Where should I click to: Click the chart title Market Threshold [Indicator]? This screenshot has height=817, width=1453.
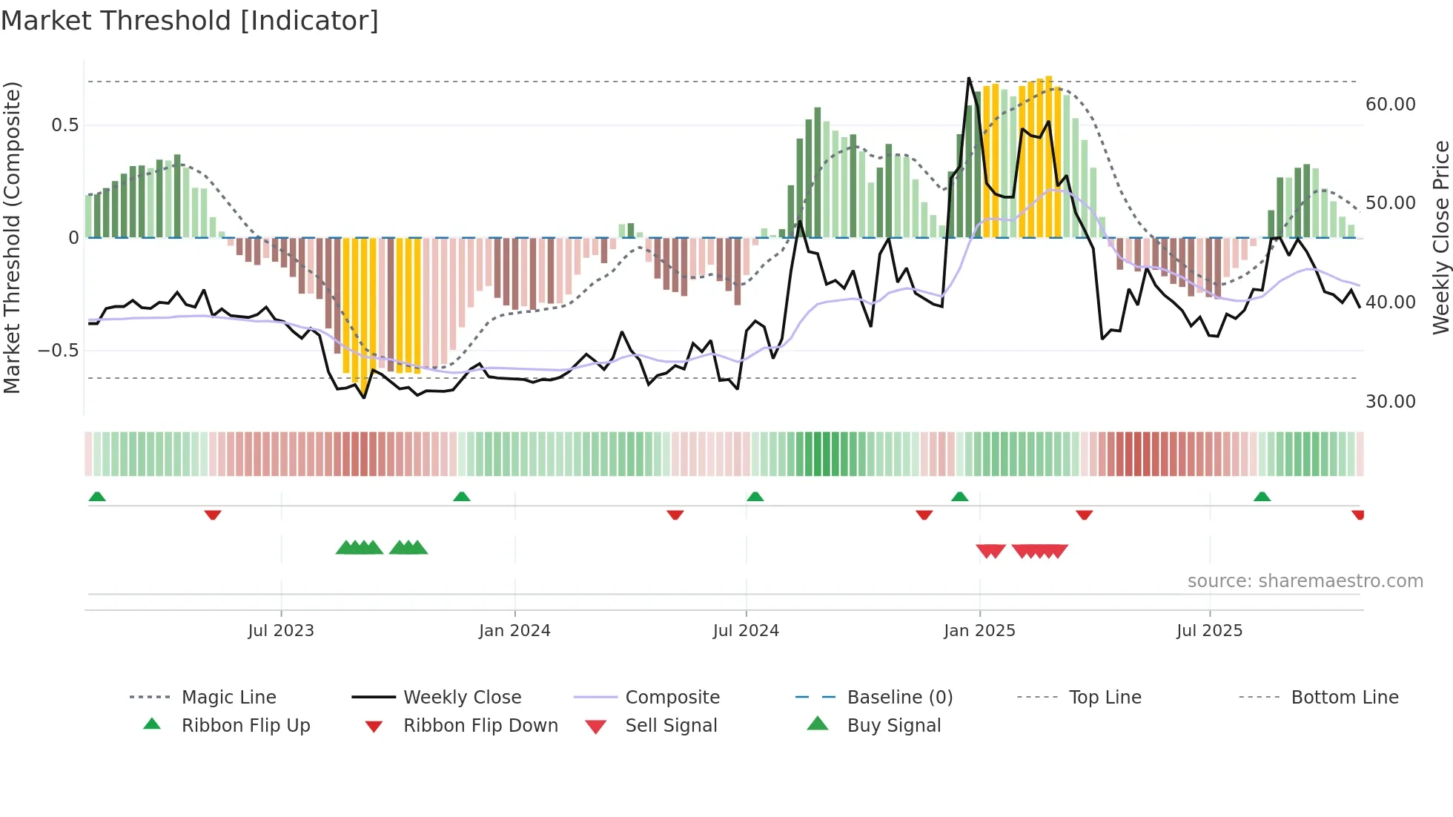coord(190,21)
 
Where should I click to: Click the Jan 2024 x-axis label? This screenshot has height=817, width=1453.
coord(514,630)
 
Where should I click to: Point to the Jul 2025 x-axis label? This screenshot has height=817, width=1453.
coord(1209,630)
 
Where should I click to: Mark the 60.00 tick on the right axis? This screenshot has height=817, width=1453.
coord(1390,105)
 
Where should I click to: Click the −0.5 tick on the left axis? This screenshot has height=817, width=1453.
coord(59,350)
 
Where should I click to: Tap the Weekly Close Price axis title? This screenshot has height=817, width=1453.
coord(1440,237)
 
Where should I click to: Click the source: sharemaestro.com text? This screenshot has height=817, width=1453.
coord(1305,580)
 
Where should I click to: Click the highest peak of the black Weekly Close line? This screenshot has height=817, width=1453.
coord(969,78)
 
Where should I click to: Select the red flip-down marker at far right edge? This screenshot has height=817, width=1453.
coord(1357,515)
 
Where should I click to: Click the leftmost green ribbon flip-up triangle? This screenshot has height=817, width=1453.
coord(97,497)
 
